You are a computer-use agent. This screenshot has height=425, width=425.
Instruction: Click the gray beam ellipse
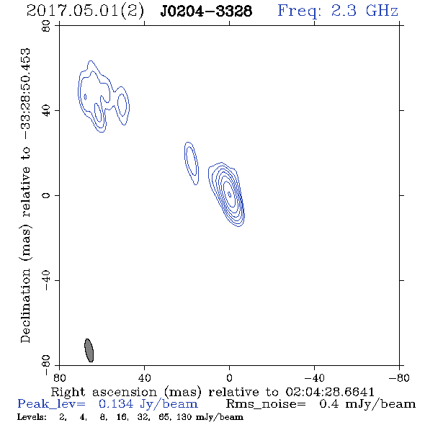click(89, 350)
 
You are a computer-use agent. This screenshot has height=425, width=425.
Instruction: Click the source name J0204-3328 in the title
click(206, 12)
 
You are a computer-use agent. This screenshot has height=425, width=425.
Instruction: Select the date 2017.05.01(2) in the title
click(85, 12)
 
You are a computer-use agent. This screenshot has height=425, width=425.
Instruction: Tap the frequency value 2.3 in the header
click(344, 11)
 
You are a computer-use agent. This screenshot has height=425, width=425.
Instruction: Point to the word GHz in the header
click(382, 11)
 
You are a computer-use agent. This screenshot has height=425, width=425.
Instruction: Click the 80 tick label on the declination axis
click(46, 26)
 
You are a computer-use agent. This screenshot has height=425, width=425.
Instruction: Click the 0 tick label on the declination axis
click(46, 195)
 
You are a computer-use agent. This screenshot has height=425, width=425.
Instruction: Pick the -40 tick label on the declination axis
click(46, 280)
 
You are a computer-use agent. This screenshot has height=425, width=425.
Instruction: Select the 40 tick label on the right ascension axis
click(144, 377)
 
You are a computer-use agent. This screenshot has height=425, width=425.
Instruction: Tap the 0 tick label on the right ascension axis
click(229, 377)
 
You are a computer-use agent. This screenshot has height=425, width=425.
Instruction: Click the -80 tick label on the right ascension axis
click(399, 377)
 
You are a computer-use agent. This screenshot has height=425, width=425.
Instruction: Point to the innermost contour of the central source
click(229, 194)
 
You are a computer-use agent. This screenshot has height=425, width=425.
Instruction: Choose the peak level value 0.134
click(116, 404)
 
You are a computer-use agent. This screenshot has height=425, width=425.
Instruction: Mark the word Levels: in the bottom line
click(32, 417)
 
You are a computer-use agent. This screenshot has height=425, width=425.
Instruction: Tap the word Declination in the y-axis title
click(25, 305)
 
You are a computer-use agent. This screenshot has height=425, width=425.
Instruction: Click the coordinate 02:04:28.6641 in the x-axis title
click(330, 392)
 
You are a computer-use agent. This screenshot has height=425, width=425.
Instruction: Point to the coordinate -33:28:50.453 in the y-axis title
click(25, 94)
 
